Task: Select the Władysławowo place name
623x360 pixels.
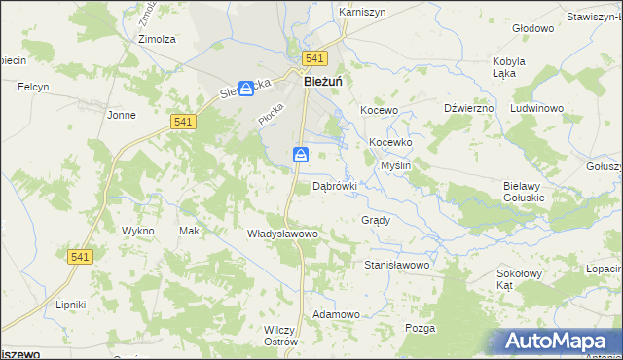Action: pyautogui.click(x=282, y=234)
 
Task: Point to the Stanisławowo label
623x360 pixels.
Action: pyautogui.click(x=396, y=265)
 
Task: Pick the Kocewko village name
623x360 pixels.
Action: pyautogui.click(x=390, y=142)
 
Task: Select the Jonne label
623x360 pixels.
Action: pyautogui.click(x=122, y=115)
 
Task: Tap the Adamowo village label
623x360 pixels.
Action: pyautogui.click(x=336, y=315)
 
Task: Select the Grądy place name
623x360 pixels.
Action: pyautogui.click(x=376, y=220)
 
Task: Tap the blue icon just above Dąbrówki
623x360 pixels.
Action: pyautogui.click(x=302, y=155)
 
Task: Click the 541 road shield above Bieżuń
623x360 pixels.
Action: pyautogui.click(x=313, y=59)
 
